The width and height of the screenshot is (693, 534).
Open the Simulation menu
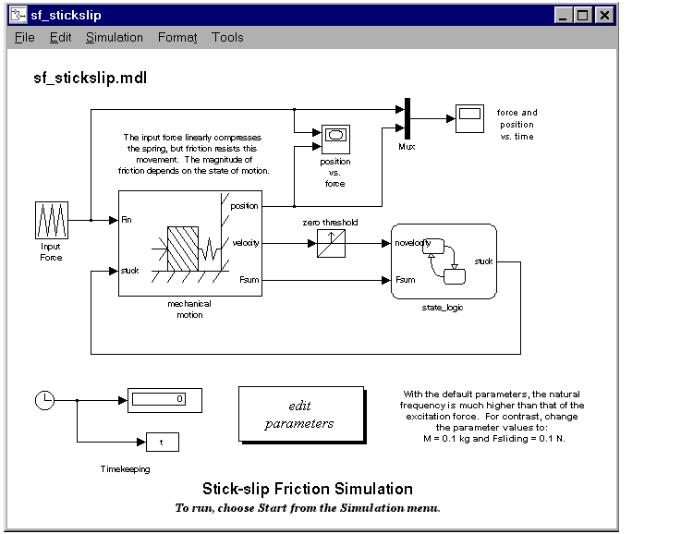point(115,38)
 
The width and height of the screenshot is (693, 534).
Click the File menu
point(24,38)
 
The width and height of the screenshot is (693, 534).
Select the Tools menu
point(227,38)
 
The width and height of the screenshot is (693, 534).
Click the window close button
point(604,16)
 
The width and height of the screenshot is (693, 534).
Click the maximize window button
point(582,16)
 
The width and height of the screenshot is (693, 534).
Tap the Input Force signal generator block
point(52,220)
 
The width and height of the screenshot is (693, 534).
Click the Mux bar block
point(407,118)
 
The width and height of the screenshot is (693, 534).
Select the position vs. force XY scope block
point(336,140)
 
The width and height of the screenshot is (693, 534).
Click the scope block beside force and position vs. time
point(469,118)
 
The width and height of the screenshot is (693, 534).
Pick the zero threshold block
point(331,244)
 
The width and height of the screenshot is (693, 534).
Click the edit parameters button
point(301,414)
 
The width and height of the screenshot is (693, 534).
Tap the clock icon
point(44,401)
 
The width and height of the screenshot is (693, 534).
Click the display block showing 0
point(164,401)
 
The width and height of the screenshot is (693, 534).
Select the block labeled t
point(163,442)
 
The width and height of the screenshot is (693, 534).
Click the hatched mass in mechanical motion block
point(183,249)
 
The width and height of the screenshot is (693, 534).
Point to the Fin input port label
point(127,220)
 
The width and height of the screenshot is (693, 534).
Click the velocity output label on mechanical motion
point(245,243)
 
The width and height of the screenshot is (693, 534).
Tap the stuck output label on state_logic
point(483,261)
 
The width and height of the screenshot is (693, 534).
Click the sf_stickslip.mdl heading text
point(91,78)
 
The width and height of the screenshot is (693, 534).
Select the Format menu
point(177,38)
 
